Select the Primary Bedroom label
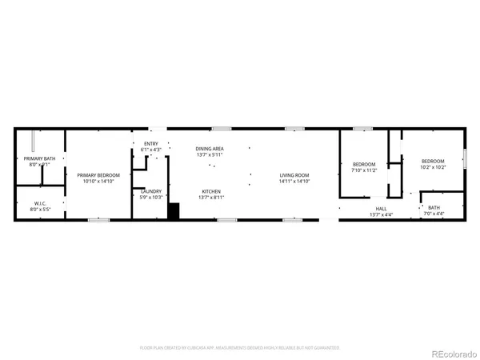point(98,174)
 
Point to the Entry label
point(151,144)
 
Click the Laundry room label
point(151,191)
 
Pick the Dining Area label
point(210,149)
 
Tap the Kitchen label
point(211,191)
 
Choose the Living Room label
point(294,175)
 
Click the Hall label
point(380,210)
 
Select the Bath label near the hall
point(434,208)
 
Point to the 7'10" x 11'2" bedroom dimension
point(365,170)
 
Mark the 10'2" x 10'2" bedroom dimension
point(433,167)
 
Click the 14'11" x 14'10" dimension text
point(294,181)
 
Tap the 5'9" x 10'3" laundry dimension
point(151,197)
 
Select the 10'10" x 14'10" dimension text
point(98,181)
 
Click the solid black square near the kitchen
point(174,211)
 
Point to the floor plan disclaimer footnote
point(240,348)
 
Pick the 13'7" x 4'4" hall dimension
point(381,215)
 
